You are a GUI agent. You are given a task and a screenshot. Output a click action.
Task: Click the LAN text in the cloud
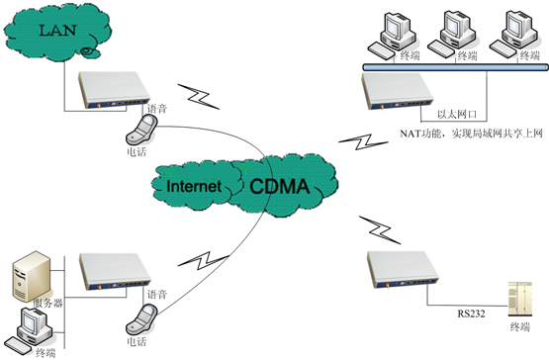point(57,30)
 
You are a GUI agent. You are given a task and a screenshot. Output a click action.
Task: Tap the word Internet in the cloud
point(194,186)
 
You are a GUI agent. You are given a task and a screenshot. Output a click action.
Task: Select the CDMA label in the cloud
point(280,186)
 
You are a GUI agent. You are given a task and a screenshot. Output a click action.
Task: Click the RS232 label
point(471,314)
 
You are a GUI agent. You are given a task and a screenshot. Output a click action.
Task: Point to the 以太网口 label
point(457,114)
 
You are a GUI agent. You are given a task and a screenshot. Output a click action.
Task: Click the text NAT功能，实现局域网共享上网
point(471,134)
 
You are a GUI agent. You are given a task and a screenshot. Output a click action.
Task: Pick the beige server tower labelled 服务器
point(32,277)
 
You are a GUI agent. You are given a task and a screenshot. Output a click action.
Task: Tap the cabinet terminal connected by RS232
point(520,300)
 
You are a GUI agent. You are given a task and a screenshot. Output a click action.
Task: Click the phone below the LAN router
point(141,130)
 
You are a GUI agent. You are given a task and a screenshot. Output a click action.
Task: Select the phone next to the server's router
point(141,319)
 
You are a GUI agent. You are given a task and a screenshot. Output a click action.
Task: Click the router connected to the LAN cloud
point(114,90)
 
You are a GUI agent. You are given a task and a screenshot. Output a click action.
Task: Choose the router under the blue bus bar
point(398,91)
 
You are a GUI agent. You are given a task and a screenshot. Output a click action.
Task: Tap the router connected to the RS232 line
point(403,270)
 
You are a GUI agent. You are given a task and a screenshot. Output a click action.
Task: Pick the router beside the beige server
point(115,272)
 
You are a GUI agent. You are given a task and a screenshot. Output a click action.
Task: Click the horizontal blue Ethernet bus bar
point(455,67)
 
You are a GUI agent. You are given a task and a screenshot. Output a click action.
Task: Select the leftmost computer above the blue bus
point(392,36)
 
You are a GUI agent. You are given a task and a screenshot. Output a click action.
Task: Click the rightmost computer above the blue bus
point(513,35)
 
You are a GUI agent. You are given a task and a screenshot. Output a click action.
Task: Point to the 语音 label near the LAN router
point(157,109)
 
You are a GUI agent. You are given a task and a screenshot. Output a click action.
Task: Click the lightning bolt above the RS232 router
point(380,229)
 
